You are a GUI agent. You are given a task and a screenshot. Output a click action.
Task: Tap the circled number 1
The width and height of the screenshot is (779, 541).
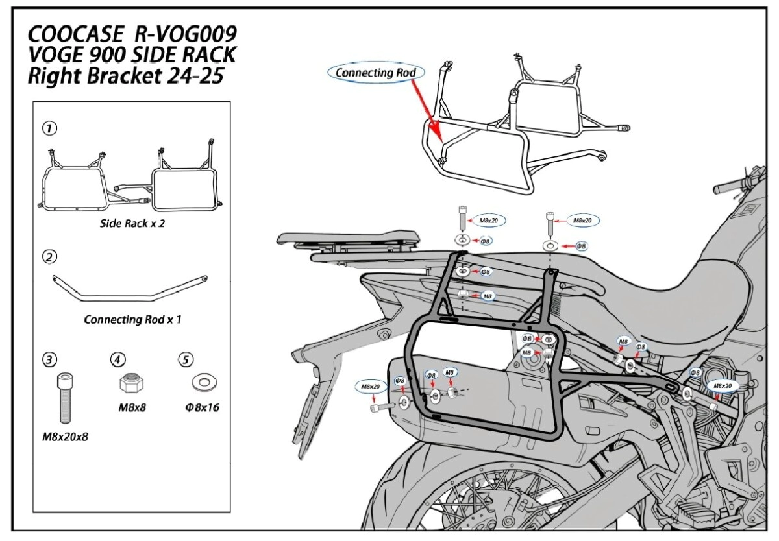coord(49,128)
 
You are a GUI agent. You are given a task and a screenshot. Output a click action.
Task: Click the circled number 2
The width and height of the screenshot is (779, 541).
coord(49,257)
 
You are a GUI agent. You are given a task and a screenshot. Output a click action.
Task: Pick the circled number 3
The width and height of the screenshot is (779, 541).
coord(49,359)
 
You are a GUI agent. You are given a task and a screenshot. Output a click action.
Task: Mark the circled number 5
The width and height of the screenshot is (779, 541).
coord(185,359)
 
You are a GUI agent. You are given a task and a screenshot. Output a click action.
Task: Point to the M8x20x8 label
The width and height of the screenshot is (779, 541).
coord(65,437)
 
